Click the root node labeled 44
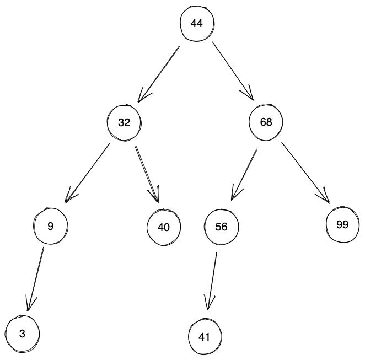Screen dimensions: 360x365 (197, 23)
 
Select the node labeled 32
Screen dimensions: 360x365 (124, 122)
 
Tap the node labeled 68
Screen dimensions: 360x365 (266, 122)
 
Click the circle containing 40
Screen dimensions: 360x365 (164, 227)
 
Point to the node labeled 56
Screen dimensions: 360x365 (222, 227)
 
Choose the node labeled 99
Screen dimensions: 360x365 (342, 224)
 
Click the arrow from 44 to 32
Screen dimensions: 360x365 (159, 74)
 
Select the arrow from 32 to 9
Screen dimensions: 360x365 (88, 171)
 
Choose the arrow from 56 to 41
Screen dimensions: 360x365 (213, 280)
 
